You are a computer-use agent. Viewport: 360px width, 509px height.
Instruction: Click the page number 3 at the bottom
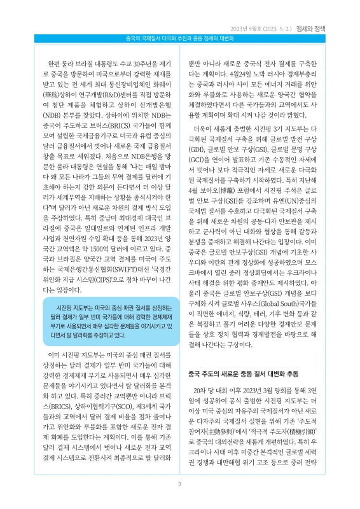[180, 484]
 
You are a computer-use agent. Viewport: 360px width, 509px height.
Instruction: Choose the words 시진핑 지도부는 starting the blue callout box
[67, 306]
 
